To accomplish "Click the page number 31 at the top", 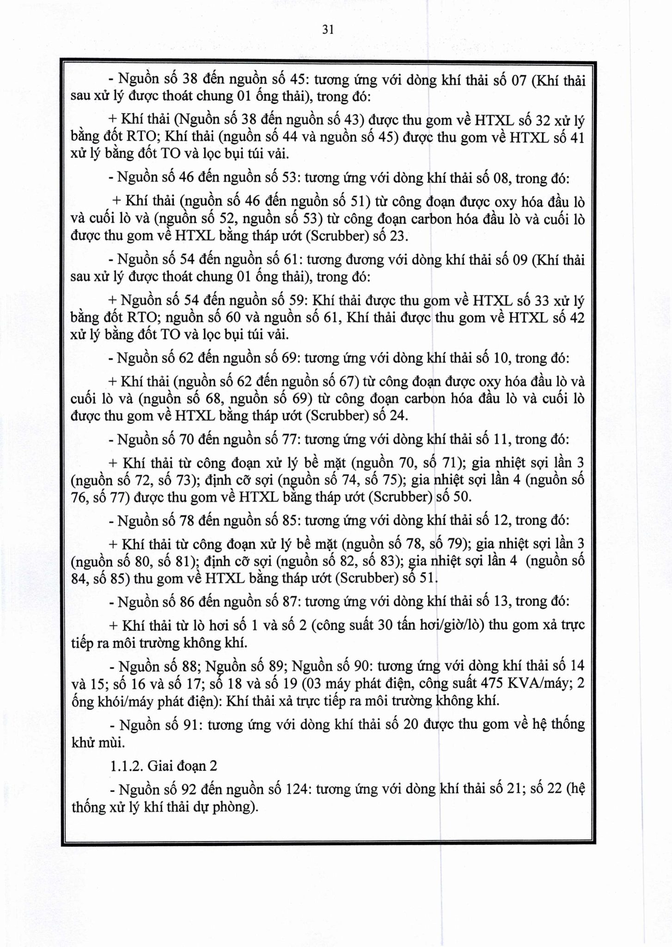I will [328, 30].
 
